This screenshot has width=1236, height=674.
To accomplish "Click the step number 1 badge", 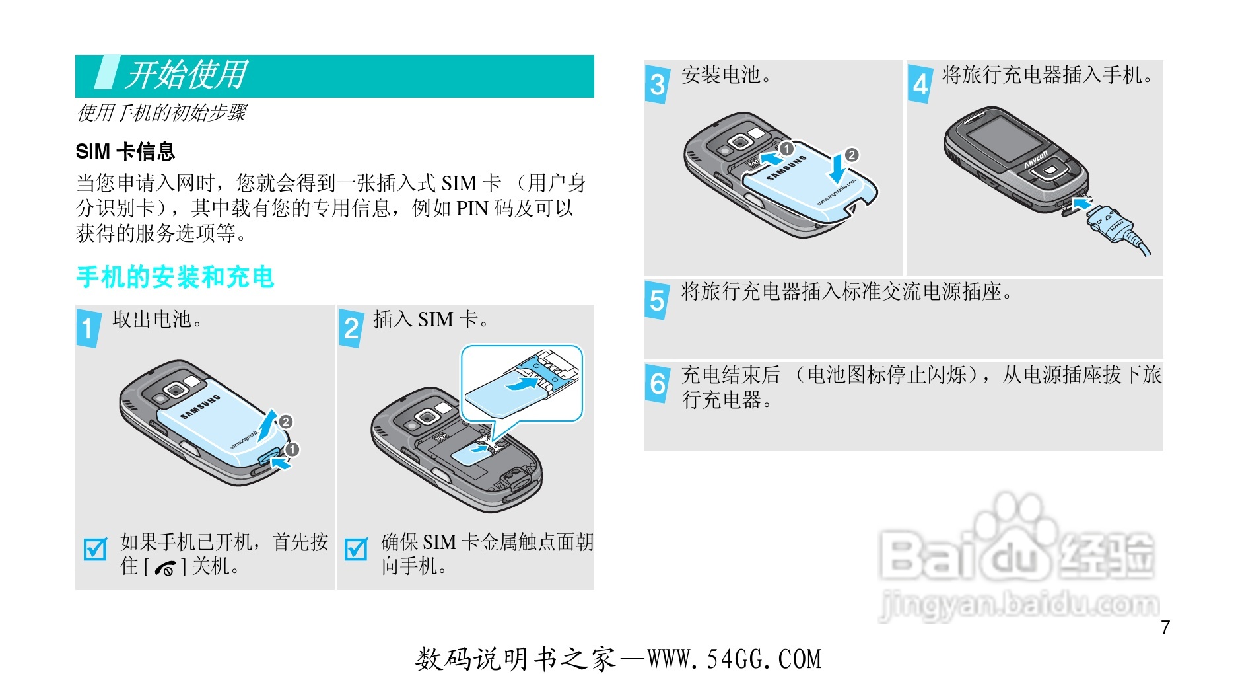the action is (88, 328).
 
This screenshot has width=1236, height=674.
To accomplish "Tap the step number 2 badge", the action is (351, 328).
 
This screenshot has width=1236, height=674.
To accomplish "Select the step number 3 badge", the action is (658, 84).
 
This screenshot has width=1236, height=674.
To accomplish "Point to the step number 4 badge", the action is (920, 84).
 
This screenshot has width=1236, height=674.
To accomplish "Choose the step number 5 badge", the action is (658, 301).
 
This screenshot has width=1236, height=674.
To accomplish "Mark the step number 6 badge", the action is (658, 384).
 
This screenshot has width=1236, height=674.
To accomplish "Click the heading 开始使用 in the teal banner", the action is (187, 75).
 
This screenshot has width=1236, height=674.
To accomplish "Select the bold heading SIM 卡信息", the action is (125, 151).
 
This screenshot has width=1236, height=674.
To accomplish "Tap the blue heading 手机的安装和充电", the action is (175, 278).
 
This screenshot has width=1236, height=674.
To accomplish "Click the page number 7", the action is (1165, 627).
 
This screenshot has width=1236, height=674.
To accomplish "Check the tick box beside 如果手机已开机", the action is (96, 548).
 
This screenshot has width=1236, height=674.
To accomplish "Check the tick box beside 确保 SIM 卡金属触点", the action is (357, 548).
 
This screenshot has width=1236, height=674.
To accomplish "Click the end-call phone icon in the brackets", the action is (166, 568).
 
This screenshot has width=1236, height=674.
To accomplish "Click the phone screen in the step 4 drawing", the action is (1004, 143).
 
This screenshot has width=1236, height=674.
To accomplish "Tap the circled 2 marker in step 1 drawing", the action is (285, 422).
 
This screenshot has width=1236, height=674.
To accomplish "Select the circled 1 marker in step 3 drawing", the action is (786, 149).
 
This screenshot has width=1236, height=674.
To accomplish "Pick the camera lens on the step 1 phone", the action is (176, 391).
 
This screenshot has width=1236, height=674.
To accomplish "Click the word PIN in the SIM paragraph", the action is (472, 209).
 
